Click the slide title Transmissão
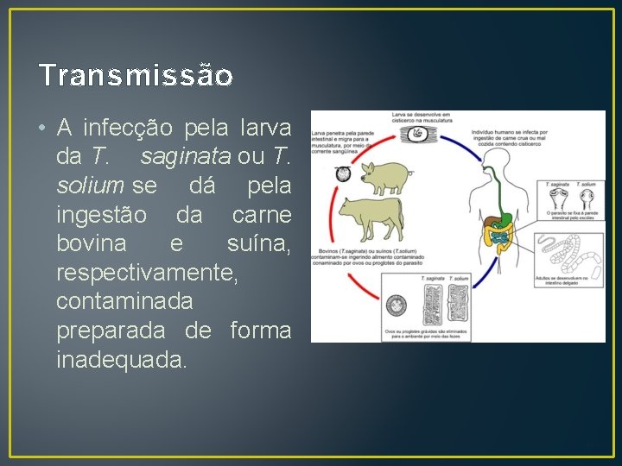136,76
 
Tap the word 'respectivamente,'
146,274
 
